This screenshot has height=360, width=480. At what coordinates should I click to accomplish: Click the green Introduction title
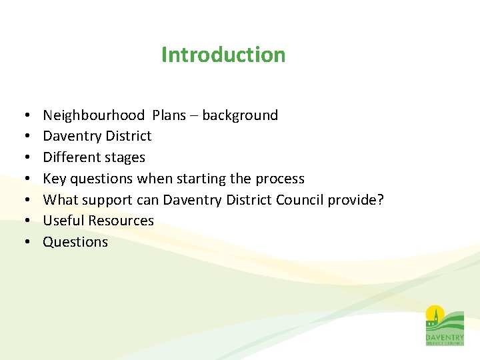[x=223, y=55]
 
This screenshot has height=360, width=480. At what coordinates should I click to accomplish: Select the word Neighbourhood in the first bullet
[x=93, y=115]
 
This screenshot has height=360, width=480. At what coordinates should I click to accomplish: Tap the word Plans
[x=169, y=115]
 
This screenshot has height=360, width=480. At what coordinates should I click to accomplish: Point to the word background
[x=240, y=115]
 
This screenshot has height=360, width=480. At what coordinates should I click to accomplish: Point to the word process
[x=280, y=179]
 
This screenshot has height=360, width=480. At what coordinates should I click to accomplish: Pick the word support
[x=107, y=201]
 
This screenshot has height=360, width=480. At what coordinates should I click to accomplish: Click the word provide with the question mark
[x=357, y=200]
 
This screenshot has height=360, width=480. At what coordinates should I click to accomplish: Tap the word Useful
[x=64, y=221]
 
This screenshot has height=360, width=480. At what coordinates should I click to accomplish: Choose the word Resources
[x=121, y=221]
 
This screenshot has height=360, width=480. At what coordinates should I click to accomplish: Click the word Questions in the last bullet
[x=75, y=242]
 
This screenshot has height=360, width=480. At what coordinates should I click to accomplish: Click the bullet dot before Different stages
[x=23, y=158]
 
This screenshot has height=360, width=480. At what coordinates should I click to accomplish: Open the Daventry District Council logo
[x=445, y=325]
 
